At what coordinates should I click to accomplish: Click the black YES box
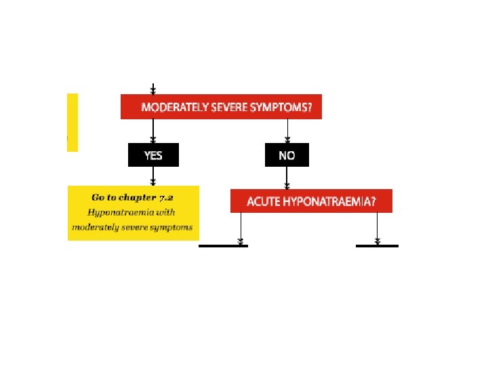(x=153, y=155)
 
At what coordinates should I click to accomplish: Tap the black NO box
(x=287, y=155)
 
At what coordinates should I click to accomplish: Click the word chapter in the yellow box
(x=138, y=197)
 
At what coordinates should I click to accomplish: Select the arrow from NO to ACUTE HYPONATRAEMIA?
(x=287, y=178)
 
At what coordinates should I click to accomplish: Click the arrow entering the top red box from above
(x=153, y=89)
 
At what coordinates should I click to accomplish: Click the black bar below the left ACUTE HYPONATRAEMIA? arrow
(x=224, y=245)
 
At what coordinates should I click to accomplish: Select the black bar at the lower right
(x=377, y=245)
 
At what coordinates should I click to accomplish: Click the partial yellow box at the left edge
(x=72, y=122)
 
